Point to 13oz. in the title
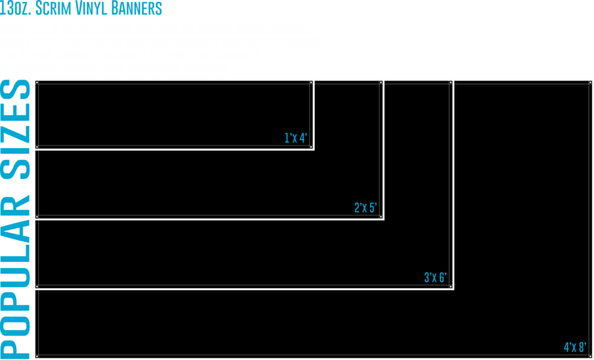coord(15,8)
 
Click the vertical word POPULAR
coord(15,277)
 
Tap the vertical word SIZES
coord(15,129)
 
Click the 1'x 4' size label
coord(296,138)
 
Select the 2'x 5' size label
coord(365,208)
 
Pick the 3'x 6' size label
coord(435,278)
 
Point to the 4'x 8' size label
coord(575,347)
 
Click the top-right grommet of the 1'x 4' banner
coord(311,82)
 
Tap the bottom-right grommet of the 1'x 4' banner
coord(311,147)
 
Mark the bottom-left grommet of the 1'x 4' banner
coord(37,147)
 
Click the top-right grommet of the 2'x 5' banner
coord(381,82)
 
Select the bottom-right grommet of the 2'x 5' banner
coord(381,217)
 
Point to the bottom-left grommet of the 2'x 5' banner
coord(37,217)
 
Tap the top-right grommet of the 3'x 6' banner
coord(451,82)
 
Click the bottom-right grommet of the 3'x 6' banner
coord(451,286)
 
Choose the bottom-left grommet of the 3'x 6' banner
coord(37,286)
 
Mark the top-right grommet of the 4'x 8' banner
coord(590,82)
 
